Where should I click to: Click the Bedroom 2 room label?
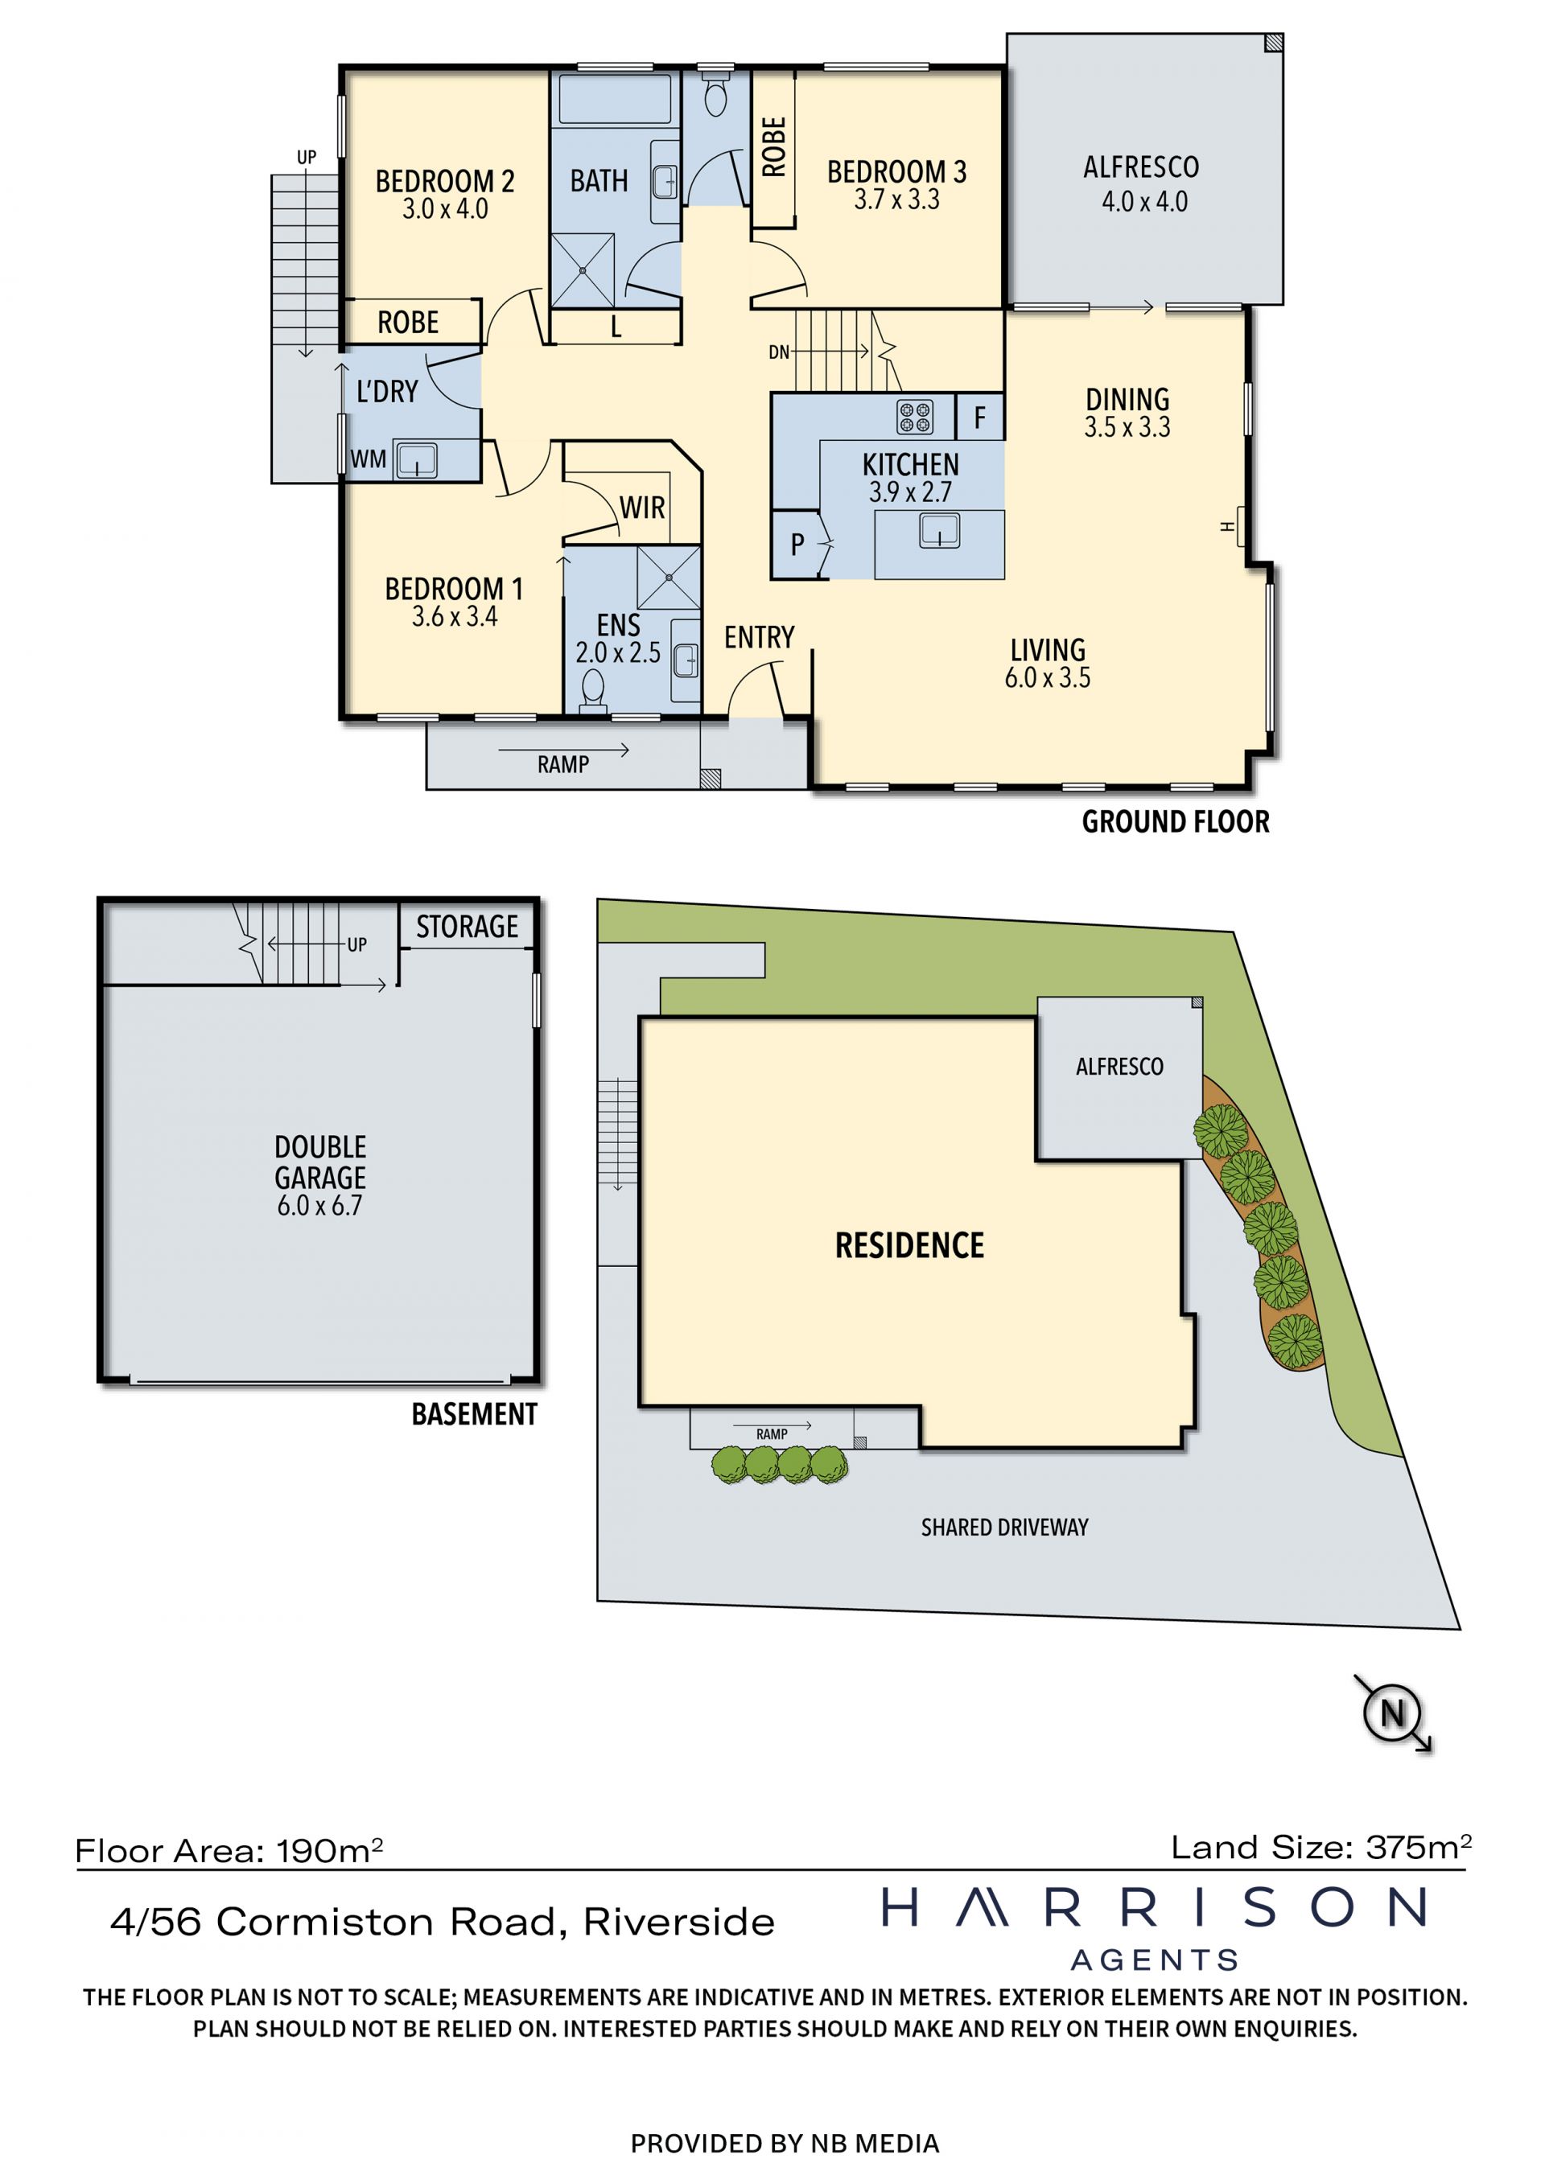(x=444, y=181)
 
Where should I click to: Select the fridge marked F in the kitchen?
(x=979, y=417)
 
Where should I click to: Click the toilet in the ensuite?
(x=593, y=689)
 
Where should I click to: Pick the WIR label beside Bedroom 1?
(x=642, y=508)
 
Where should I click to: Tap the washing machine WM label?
(x=369, y=459)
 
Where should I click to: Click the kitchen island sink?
(x=939, y=531)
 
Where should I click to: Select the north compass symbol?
(x=1392, y=1713)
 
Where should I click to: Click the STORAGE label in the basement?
(x=467, y=927)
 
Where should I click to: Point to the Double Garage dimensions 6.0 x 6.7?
(x=319, y=1205)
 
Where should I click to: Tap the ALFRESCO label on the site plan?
(x=1120, y=1067)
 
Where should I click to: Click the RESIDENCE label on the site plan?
(x=909, y=1245)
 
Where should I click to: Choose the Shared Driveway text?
(x=1004, y=1527)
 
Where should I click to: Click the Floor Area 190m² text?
(x=229, y=1850)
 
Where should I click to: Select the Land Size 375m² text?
(x=1321, y=1846)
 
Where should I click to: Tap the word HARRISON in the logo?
(x=1154, y=1907)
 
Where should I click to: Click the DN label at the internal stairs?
(x=779, y=352)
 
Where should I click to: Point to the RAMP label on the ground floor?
(x=563, y=764)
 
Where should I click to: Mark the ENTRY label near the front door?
(x=759, y=636)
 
